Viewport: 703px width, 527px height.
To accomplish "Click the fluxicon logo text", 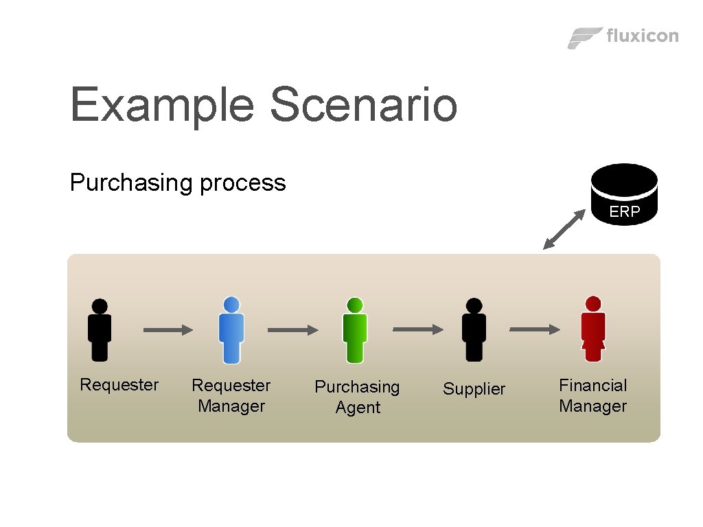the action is (x=643, y=36).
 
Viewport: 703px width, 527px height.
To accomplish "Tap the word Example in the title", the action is (x=163, y=105).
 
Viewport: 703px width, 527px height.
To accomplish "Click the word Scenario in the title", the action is (x=363, y=105).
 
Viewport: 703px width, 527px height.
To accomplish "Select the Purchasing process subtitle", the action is (x=178, y=183).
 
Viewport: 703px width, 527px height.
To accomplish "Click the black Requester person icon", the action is (x=100, y=330).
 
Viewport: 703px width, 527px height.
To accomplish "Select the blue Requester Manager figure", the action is (x=231, y=331).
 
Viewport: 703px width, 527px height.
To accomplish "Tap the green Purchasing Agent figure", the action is (x=355, y=331).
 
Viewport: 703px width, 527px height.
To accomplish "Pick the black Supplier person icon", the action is (x=474, y=330).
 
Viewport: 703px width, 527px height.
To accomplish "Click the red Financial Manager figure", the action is (x=593, y=330).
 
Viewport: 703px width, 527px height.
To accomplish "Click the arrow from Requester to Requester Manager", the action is (x=168, y=330).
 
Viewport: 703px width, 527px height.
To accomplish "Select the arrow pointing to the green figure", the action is (x=292, y=330).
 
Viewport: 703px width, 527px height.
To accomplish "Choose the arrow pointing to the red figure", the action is (x=535, y=330).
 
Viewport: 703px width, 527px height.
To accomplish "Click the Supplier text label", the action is (x=474, y=389).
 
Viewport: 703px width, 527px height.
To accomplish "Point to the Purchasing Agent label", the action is (x=357, y=397).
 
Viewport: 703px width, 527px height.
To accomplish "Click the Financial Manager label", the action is (x=593, y=395).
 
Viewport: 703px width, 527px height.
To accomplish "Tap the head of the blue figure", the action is (x=231, y=305).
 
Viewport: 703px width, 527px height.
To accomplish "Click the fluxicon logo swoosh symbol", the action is (x=584, y=37).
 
